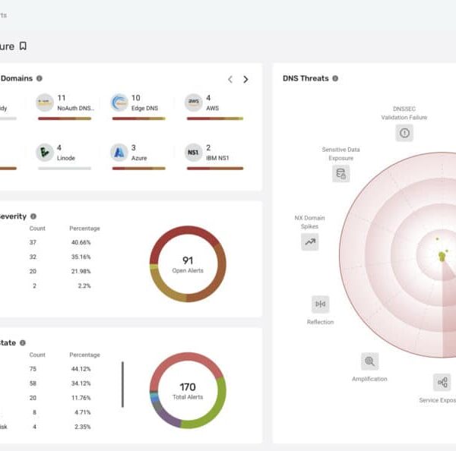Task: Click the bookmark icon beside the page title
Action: click(x=23, y=46)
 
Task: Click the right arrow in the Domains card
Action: click(x=245, y=79)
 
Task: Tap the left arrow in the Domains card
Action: click(x=230, y=79)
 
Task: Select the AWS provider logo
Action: click(x=194, y=103)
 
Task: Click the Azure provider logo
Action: click(x=119, y=153)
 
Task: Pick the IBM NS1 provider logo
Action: click(x=194, y=153)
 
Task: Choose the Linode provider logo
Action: click(x=45, y=153)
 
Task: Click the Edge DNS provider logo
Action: click(x=119, y=103)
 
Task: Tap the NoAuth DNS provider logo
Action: click(x=45, y=103)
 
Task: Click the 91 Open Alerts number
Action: click(x=188, y=260)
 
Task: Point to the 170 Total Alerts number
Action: click(x=188, y=387)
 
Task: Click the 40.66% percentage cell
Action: click(x=81, y=242)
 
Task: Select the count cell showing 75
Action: click(x=33, y=369)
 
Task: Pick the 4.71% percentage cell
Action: click(x=81, y=412)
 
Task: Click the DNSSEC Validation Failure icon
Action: click(x=404, y=133)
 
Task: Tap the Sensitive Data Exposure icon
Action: click(x=341, y=173)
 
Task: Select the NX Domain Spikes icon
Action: click(x=310, y=242)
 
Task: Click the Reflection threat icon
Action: click(x=320, y=304)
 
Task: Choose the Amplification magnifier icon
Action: click(x=369, y=361)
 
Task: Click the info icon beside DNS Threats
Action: click(x=335, y=78)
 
